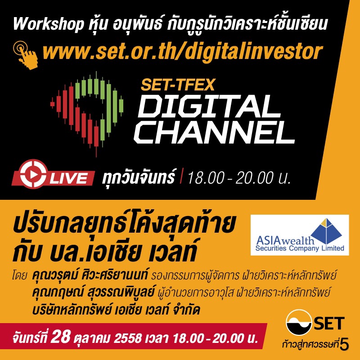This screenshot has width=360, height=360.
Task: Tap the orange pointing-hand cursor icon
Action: tap(26, 55)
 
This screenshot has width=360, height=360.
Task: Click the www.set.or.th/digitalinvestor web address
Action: tap(183, 52)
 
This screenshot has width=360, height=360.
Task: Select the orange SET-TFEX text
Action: tap(177, 85)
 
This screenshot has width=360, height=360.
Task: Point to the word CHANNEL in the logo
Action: tap(214, 132)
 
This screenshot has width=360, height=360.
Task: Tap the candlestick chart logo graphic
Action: tap(87, 114)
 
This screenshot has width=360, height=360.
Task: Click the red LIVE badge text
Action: tap(69, 178)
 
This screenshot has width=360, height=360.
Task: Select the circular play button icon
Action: tap(34, 174)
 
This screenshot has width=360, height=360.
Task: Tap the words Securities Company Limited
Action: tap(299, 248)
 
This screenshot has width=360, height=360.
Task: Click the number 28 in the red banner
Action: tap(61, 337)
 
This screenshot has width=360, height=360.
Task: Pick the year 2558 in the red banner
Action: tap(128, 338)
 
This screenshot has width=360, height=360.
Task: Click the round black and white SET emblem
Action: tap(299, 322)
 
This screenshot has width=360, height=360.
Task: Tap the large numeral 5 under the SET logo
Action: tap(345, 345)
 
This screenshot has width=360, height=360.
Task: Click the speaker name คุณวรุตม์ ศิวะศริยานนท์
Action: tap(90, 275)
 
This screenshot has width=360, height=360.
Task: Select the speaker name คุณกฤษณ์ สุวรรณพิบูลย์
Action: tap(94, 292)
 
